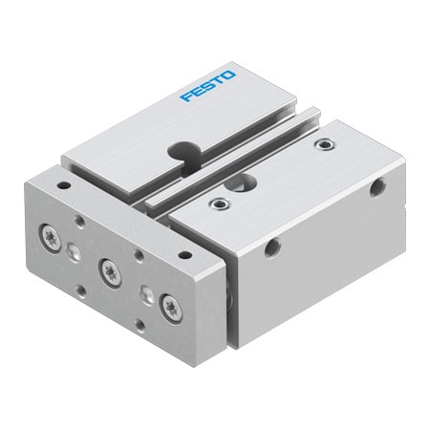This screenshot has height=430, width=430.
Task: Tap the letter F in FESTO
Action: pyautogui.click(x=186, y=95)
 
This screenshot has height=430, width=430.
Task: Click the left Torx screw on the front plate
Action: pyautogui.click(x=51, y=232)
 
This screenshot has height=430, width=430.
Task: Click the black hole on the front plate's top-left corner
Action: pyautogui.click(x=63, y=185)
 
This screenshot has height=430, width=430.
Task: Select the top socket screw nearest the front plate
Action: pyautogui.click(x=221, y=203)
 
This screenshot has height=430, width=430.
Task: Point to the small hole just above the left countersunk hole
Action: pyautogui.click(x=80, y=222)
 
